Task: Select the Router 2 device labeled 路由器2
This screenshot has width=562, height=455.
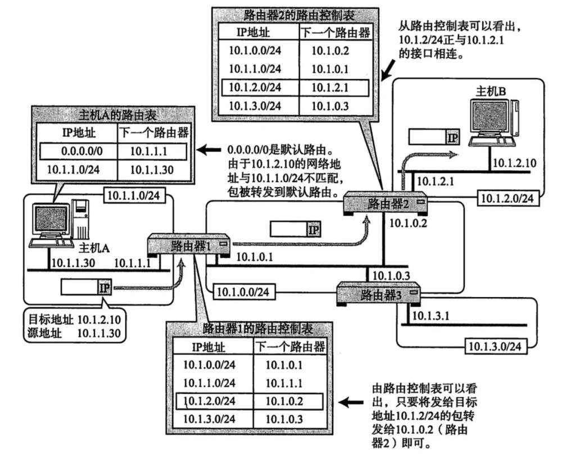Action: [x=386, y=203]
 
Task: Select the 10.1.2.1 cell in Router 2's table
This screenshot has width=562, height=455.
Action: [x=330, y=88]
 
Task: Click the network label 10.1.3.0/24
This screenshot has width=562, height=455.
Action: [x=493, y=347]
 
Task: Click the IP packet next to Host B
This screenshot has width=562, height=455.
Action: [x=433, y=136]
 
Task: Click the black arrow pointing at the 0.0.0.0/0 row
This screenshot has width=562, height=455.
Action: [x=211, y=150]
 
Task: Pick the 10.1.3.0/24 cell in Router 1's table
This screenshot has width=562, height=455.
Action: [x=209, y=419]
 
